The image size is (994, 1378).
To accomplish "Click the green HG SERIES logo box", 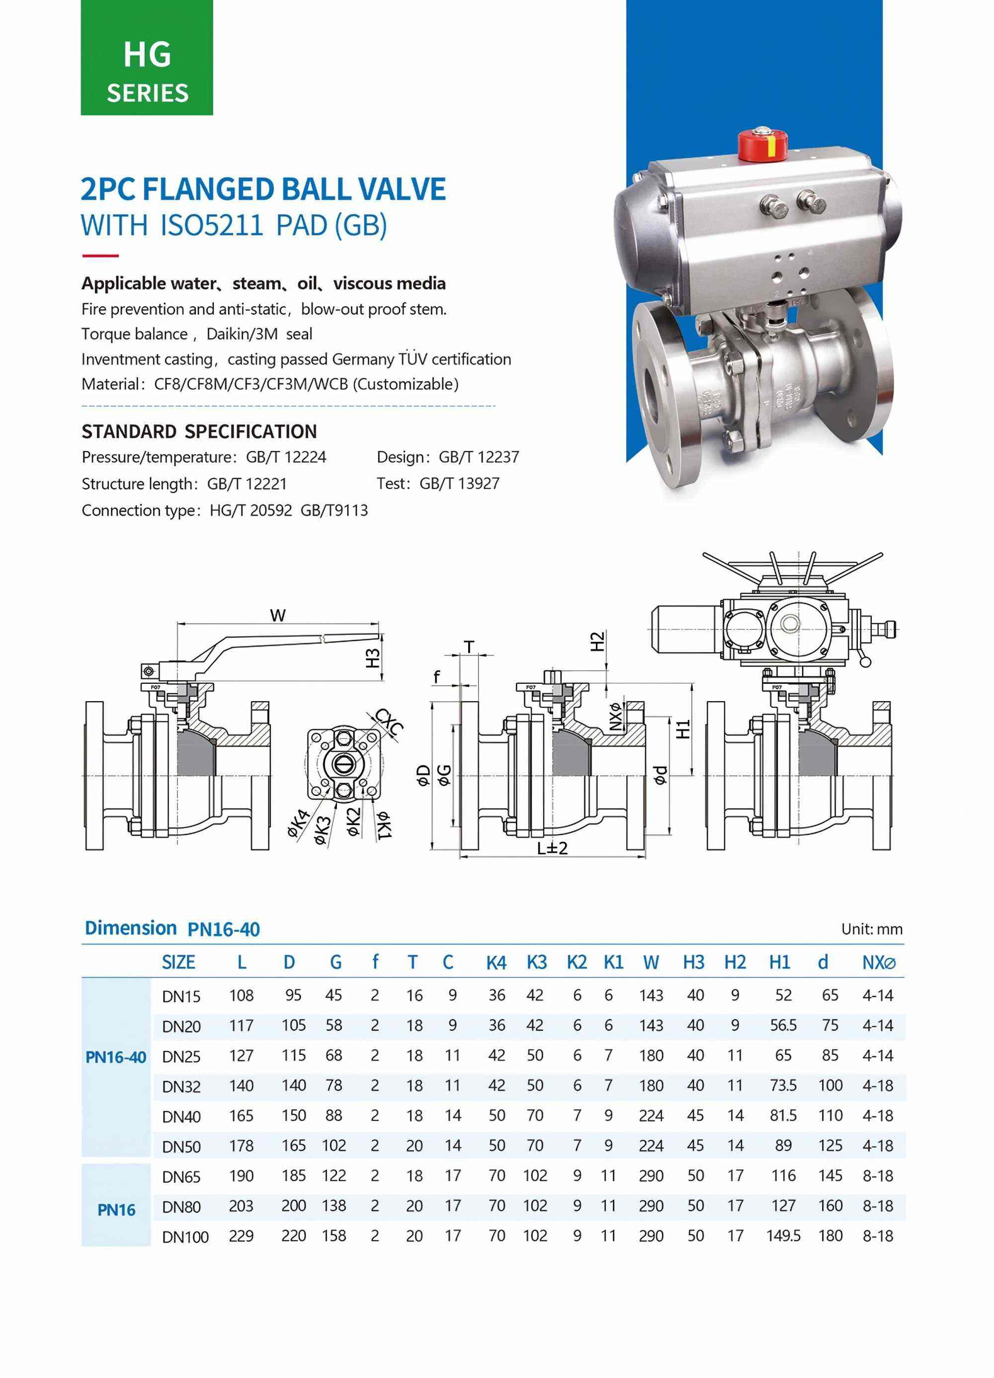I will coord(147,58).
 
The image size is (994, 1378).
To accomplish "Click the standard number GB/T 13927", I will coord(459,484).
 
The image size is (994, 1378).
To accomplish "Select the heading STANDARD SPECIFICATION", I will coord(199,431).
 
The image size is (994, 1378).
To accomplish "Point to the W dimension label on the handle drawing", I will coord(277,616).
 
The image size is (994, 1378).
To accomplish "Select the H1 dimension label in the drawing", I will coord(684,729).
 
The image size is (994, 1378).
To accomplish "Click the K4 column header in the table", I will coord(496,962).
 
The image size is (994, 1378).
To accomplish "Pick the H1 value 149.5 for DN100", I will coord(783,1236).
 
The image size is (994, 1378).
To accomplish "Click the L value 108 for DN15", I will coord(241,995).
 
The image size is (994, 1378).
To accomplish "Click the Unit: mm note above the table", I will coord(871,929).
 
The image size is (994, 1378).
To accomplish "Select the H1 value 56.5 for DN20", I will coord(783,1025).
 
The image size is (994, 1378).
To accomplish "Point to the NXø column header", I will coord(879,962).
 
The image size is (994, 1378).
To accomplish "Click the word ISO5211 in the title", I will coord(211,225).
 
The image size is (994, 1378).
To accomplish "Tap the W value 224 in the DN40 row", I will coord(651,1115).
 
